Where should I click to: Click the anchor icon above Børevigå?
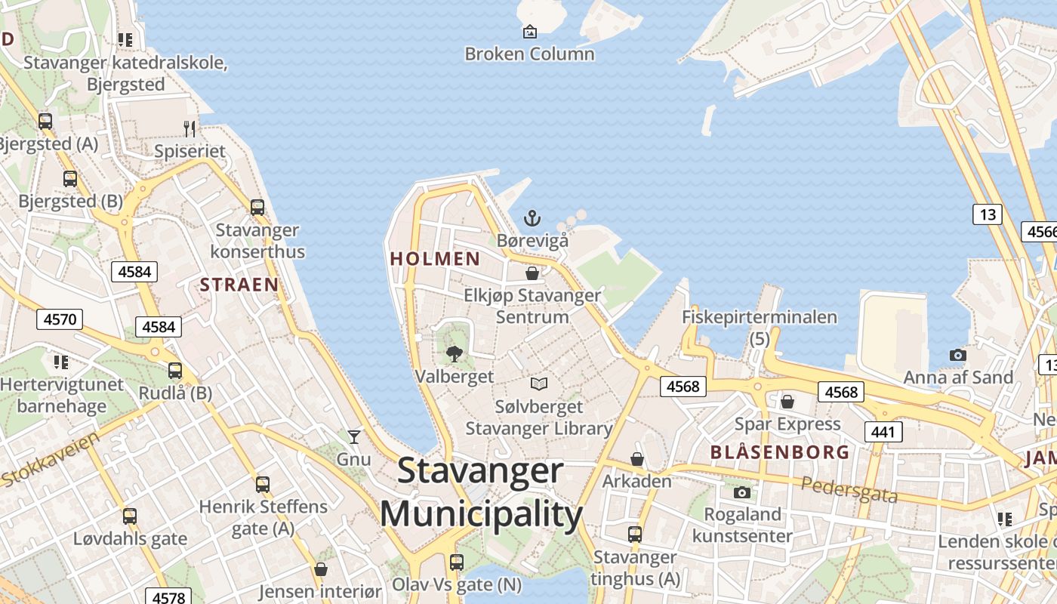[x=532, y=218]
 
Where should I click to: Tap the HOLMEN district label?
[x=435, y=259]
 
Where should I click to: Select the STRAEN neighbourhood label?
[x=239, y=285]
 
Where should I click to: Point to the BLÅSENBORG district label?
[x=780, y=452]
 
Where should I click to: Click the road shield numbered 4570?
[x=60, y=319]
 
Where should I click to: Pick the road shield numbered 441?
[x=882, y=432]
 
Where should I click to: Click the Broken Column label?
[x=529, y=54]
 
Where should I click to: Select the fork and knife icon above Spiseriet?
[x=190, y=129]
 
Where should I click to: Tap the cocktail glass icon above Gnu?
[x=353, y=436]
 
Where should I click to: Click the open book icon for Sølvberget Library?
[x=538, y=384]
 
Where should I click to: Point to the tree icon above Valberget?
[x=455, y=353]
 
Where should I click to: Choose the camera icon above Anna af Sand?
[x=957, y=355]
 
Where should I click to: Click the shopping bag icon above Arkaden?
[x=637, y=459]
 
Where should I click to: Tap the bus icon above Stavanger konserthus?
[x=257, y=207]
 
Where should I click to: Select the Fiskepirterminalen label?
[x=760, y=317]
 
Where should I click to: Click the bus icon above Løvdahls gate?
[x=130, y=516]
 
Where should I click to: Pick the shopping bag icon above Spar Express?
[x=787, y=401]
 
